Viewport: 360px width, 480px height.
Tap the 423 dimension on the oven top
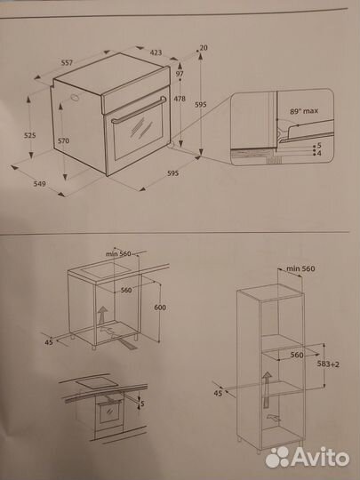[156, 52]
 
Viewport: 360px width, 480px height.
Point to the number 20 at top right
[204, 47]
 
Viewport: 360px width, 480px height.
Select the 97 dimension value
[180, 76]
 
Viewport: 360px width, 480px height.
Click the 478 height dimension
[180, 98]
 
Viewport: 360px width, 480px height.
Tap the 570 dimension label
[64, 140]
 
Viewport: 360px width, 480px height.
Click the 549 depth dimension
[39, 184]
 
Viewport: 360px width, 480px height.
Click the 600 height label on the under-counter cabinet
[159, 308]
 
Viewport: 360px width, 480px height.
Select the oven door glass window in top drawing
[136, 138]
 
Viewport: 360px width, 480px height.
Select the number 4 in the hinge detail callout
[318, 152]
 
